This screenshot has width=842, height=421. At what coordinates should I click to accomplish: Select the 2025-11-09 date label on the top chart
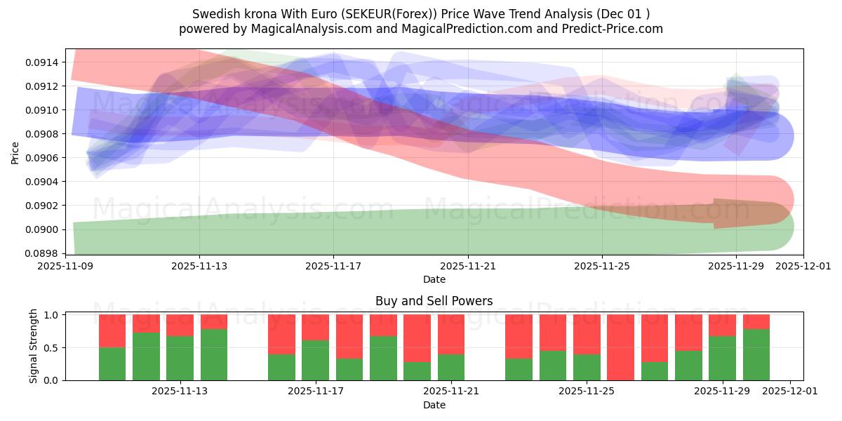pyautogui.click(x=65, y=266)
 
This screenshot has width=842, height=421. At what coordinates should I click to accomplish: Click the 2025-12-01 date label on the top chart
pyautogui.click(x=803, y=266)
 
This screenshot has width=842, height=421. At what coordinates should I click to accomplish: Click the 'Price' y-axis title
pyautogui.click(x=15, y=152)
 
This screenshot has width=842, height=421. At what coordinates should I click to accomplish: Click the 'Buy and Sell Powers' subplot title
pyautogui.click(x=434, y=301)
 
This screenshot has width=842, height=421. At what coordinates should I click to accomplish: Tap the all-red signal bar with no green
pyautogui.click(x=620, y=347)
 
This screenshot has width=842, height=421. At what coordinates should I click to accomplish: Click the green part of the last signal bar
pyautogui.click(x=756, y=354)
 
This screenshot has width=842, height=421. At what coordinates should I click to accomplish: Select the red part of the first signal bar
pyautogui.click(x=112, y=330)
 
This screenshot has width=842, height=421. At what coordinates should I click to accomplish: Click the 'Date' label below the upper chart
pyautogui.click(x=434, y=279)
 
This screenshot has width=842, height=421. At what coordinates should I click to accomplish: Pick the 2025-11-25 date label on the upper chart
pyautogui.click(x=601, y=266)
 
